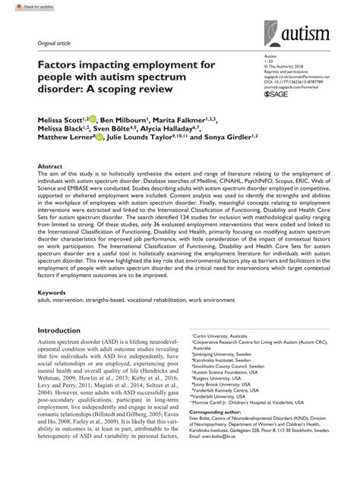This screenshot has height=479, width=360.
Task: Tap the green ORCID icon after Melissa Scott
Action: tap(93, 119)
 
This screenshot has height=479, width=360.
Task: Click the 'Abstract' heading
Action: tap(49, 164)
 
